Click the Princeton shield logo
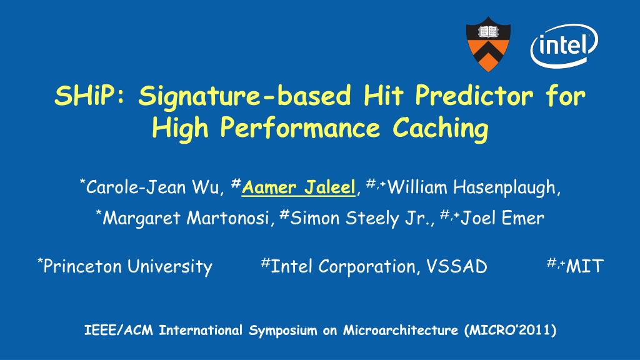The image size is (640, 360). point(488,44)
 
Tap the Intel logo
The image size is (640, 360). point(564,45)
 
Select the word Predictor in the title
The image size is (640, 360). point(474,96)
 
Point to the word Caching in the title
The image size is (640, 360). point(441,129)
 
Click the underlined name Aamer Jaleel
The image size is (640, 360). point(298,187)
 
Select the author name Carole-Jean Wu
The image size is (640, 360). point(152,187)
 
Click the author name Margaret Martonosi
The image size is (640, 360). point(186,218)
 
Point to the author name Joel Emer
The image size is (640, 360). point(502,218)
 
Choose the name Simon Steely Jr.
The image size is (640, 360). point(359,218)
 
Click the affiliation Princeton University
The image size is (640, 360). point(127,267)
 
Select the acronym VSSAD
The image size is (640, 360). point(457,266)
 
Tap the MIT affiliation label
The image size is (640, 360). point(584,266)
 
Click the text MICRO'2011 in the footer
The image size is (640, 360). point(510,330)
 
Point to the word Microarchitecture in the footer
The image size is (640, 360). point(401,330)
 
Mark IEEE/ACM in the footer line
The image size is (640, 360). point(118,330)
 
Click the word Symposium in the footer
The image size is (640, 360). point(283,330)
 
